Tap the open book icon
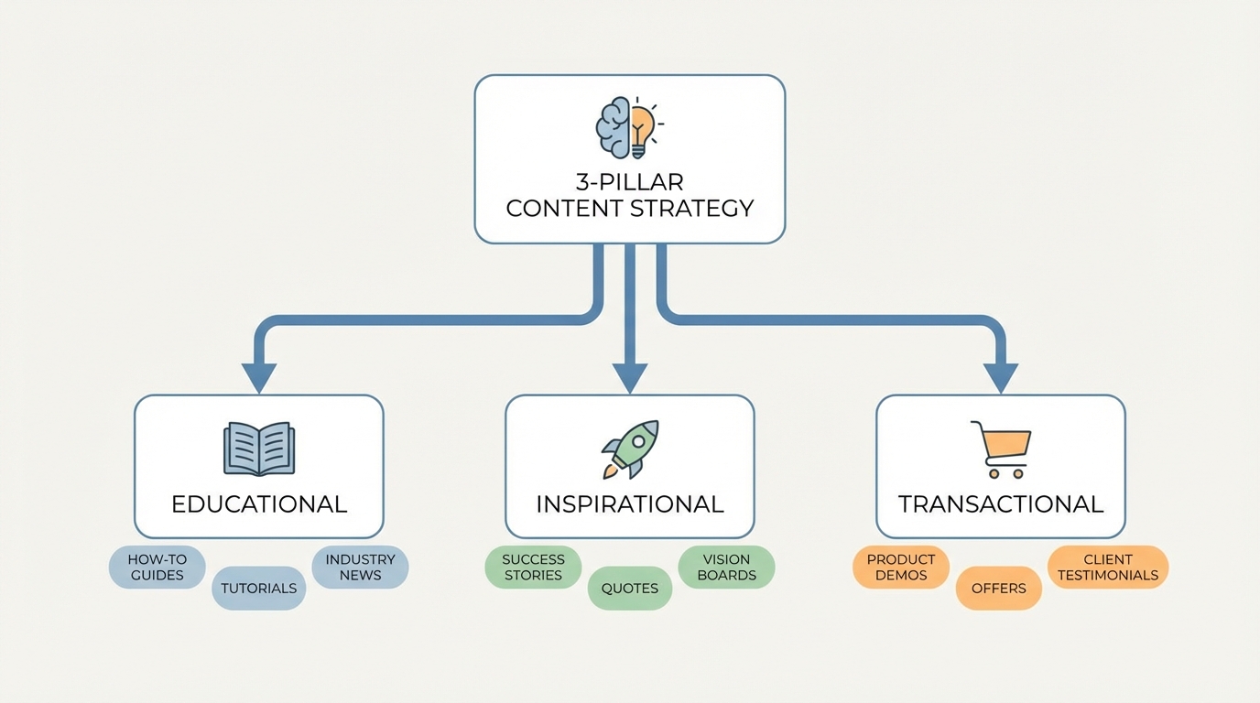pos(259,449)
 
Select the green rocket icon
pos(630,449)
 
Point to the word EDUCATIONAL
pos(259,504)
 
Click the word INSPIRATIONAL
pos(630,504)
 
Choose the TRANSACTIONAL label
pos(1001,504)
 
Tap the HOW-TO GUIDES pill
pos(157,568)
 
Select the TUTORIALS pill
pos(259,589)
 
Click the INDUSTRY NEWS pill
pos(360,568)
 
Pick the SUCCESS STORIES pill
pos(533,568)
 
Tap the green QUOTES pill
pos(630,589)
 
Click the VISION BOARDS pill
pos(727,568)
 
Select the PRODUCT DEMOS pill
pos(901,568)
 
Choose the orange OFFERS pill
pos(999,589)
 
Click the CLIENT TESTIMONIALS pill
pos(1108,568)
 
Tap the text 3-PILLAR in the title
pos(630,182)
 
